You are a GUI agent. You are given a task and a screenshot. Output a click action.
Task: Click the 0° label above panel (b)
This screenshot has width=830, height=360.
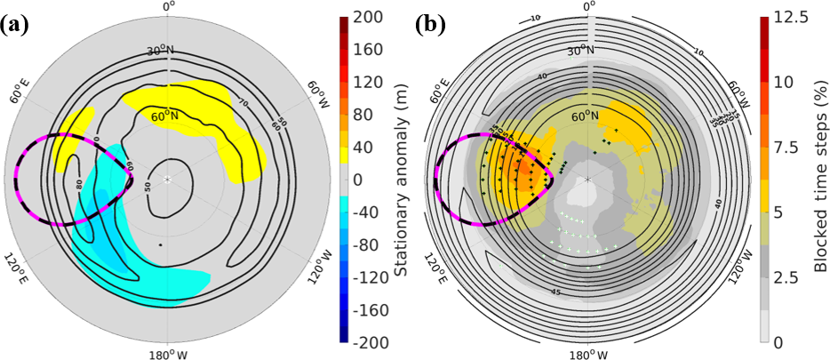point(587,6)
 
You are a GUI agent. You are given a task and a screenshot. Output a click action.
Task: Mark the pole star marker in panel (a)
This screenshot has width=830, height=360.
point(167,180)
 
